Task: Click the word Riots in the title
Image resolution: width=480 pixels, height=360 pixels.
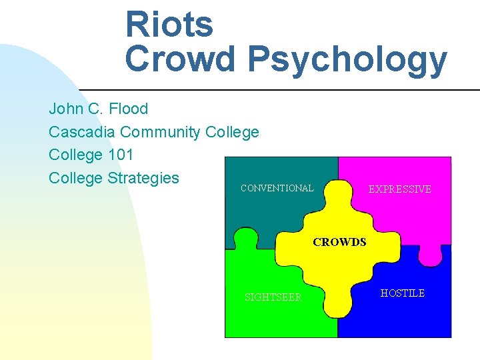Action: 169,25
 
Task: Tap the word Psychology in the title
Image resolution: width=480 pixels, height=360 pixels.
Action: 347,60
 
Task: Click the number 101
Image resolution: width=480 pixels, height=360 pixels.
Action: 120,155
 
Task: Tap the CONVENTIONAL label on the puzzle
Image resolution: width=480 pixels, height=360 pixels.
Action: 277,188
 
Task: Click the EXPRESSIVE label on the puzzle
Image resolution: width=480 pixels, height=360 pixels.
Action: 400,189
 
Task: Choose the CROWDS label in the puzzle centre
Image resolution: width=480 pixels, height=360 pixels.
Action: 339,243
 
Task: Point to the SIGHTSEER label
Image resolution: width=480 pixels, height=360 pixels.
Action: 273,297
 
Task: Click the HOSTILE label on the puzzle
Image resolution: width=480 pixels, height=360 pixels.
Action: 403,293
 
